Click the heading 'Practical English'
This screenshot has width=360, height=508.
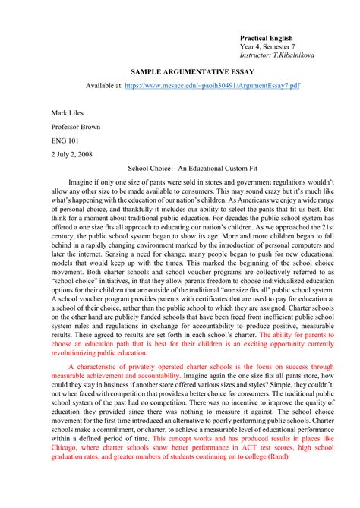pyautogui.click(x=267, y=38)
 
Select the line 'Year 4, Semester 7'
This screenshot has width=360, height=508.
pyautogui.click(x=268, y=47)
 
